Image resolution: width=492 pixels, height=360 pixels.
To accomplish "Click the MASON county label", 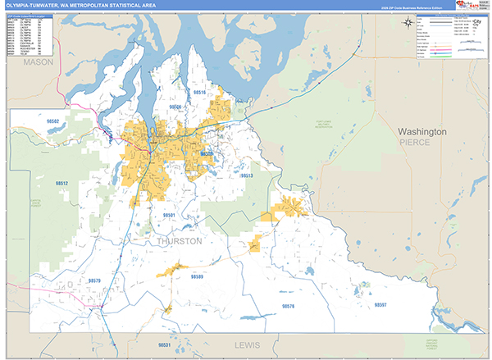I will (37, 62).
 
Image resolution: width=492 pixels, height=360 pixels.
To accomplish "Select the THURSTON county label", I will (170, 243).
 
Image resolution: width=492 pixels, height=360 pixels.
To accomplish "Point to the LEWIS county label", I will (247, 345).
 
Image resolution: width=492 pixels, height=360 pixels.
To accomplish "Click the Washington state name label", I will (421, 131).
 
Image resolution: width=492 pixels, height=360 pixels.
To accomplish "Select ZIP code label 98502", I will (53, 121).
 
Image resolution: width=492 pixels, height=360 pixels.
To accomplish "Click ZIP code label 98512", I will (61, 184).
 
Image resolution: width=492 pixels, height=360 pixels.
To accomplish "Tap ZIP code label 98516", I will (199, 93).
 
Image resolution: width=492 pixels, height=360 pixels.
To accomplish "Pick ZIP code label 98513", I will (246, 175).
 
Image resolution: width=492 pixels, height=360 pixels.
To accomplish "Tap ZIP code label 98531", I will (166, 345).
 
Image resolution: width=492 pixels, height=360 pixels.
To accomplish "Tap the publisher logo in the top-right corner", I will (471, 6).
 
